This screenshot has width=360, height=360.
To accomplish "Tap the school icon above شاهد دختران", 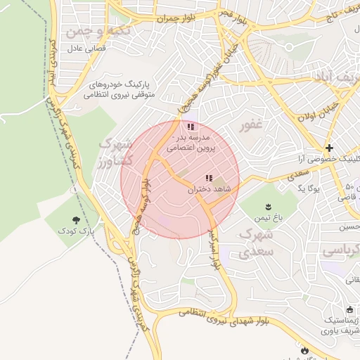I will pyautogui.click(x=208, y=179).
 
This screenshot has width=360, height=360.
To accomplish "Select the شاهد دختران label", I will pyautogui.click(x=210, y=190).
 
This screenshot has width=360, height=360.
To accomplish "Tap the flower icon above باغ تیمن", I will pyautogui.click(x=268, y=207).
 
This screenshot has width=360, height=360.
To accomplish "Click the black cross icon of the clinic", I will pyautogui.click(x=330, y=148).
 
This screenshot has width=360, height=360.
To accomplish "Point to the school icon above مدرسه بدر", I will pyautogui.click(x=191, y=127).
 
